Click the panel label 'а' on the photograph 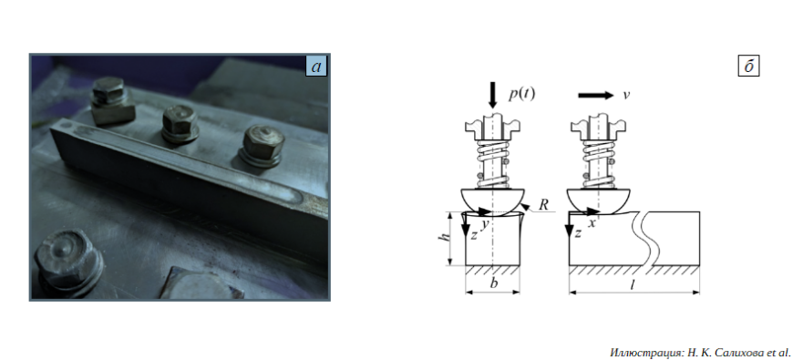point(316,67)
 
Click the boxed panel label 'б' point(748,67)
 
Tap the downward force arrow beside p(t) point(493,95)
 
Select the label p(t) point(521,94)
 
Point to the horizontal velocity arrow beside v point(596,95)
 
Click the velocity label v point(626,95)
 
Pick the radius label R point(543,205)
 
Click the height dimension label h point(446,239)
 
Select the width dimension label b point(494,283)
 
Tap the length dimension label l point(633,284)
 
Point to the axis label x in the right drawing point(592,222)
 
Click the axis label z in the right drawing point(579,233)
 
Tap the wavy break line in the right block point(646,238)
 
